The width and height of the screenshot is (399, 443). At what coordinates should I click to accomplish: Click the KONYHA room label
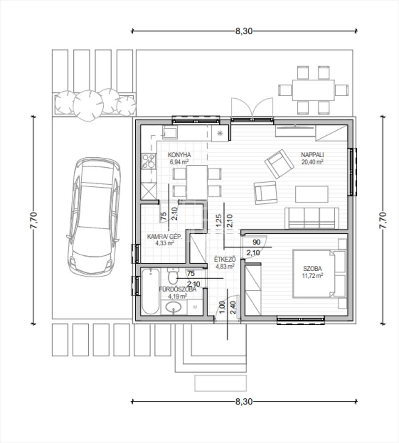pyautogui.click(x=179, y=155)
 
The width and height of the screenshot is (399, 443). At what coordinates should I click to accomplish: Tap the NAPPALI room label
pyautogui.click(x=312, y=155)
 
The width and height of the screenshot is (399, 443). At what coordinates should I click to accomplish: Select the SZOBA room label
pyautogui.click(x=313, y=269)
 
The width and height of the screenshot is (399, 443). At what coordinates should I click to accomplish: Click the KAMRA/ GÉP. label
pyautogui.click(x=165, y=236)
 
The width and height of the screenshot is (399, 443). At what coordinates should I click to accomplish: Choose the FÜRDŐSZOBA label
pyautogui.click(x=177, y=289)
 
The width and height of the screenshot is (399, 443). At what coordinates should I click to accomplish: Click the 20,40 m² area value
pyautogui.click(x=312, y=162)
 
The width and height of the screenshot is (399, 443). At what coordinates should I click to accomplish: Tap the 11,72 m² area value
pyautogui.click(x=313, y=276)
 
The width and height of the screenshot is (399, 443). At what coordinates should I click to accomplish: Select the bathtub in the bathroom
pyautogui.click(x=150, y=291)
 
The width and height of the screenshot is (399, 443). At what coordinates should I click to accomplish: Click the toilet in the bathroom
pyautogui.click(x=172, y=276)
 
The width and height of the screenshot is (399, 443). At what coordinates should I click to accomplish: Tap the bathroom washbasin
pyautogui.click(x=173, y=308)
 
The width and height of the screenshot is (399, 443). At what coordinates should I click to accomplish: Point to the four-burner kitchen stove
pyautogui.click(x=149, y=161)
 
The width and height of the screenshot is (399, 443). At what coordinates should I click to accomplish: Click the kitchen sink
pyautogui.click(x=170, y=132)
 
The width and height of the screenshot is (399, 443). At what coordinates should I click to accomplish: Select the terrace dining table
pyautogui.click(x=313, y=90)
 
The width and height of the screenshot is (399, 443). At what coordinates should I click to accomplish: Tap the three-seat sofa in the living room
pyautogui.click(x=312, y=218)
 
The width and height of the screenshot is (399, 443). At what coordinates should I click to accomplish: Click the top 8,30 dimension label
pyautogui.click(x=244, y=31)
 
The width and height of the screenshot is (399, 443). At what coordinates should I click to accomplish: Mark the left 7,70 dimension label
pyautogui.click(x=34, y=220)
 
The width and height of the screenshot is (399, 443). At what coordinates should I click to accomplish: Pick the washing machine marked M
pyautogui.click(x=195, y=307)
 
